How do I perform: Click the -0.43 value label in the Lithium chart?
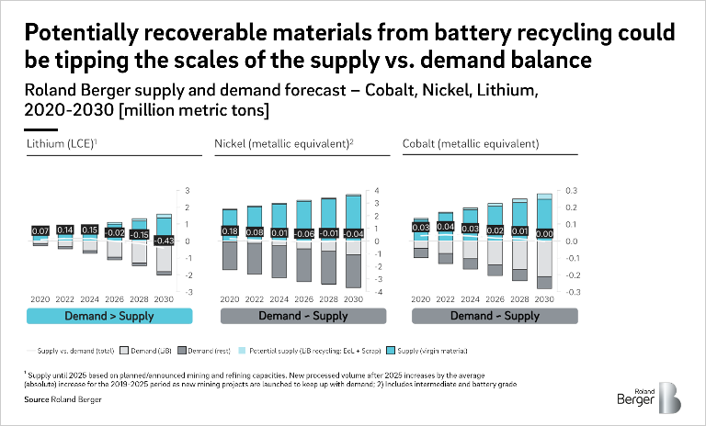[164, 241]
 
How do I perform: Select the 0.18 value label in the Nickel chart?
[229, 231]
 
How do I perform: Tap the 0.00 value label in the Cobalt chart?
[544, 234]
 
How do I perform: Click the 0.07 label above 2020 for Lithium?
[40, 230]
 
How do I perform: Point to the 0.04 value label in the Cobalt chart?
[445, 226]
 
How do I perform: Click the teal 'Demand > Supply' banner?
[109, 316]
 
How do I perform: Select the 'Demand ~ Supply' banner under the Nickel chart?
[300, 316]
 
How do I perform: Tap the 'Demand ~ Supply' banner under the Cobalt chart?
[495, 316]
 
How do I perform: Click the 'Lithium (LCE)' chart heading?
[60, 144]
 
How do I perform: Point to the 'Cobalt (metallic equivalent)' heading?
[471, 144]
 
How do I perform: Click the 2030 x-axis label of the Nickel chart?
[353, 299]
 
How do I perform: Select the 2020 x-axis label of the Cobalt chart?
[421, 299]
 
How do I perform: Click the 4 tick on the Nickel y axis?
[376, 191]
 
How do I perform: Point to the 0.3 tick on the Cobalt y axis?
[571, 191]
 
